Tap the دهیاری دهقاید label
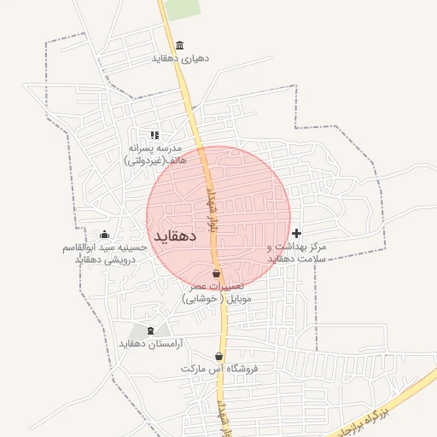(180, 59)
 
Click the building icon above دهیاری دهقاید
(179, 45)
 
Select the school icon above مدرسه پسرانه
(154, 135)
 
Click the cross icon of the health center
(296, 233)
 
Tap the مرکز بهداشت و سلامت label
(296, 252)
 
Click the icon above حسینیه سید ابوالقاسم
(104, 235)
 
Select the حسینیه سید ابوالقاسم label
(103, 253)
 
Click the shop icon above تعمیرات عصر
(216, 273)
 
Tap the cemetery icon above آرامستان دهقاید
(151, 330)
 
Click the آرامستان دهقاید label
(151, 344)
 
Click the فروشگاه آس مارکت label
(219, 370)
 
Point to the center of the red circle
(218, 218)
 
